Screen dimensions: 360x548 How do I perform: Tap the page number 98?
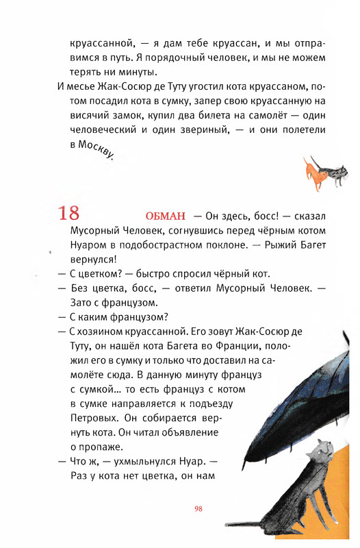click(x=198, y=508)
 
